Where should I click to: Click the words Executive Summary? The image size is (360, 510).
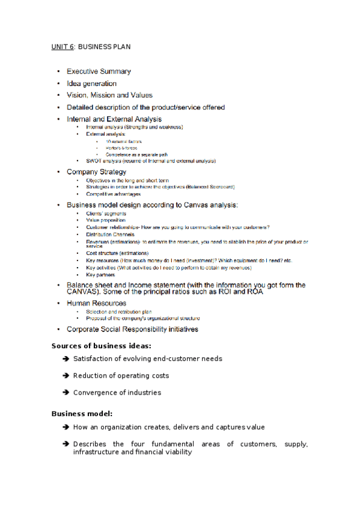(x=99, y=72)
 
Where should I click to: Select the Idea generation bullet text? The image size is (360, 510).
(x=91, y=84)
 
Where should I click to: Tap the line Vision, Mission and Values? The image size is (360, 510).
(x=109, y=95)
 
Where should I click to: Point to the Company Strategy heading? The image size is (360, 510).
(x=96, y=172)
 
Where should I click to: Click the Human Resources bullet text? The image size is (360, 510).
(x=96, y=303)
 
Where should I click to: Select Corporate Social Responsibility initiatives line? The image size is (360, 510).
(x=132, y=330)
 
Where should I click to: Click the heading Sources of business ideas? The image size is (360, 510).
(x=101, y=346)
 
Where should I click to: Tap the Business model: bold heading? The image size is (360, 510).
(x=82, y=414)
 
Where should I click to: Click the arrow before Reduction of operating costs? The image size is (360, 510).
(x=65, y=376)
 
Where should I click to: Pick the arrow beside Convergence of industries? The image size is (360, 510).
(x=65, y=393)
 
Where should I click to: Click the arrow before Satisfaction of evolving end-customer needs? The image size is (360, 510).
(x=65, y=359)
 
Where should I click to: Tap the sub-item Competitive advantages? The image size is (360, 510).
(x=113, y=194)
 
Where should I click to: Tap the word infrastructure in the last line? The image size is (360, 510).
(x=96, y=452)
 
